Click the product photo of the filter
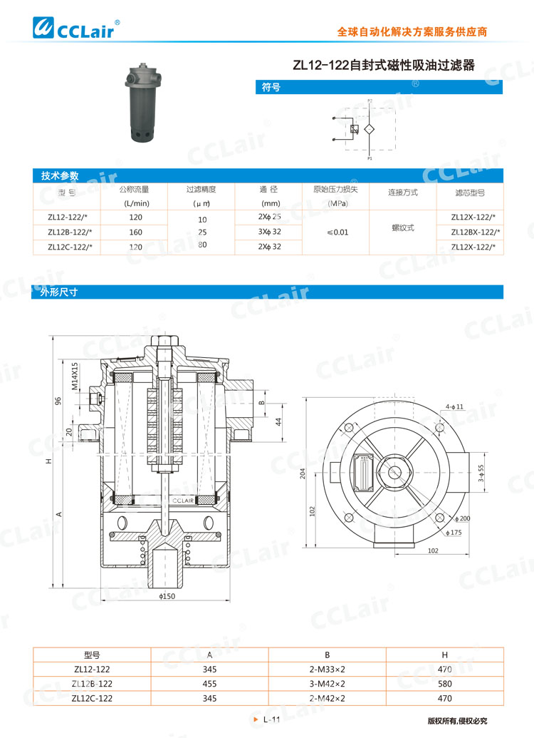coord(152,103)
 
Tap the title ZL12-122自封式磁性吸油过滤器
coord(384,66)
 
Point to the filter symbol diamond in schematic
coord(369,130)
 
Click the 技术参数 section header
coord(60,175)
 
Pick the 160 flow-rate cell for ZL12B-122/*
coord(135,232)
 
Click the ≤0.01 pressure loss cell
coord(337,232)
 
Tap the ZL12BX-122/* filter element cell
coord(475,232)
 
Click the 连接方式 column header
coord(402,193)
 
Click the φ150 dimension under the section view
coord(167,595)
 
